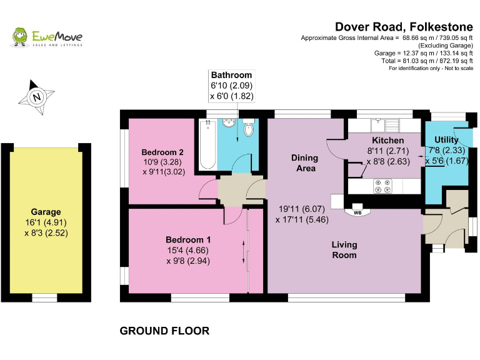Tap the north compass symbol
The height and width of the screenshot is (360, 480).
click(x=37, y=97)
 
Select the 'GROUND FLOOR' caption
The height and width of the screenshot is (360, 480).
click(x=164, y=331)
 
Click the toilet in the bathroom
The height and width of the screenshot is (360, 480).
click(x=249, y=129)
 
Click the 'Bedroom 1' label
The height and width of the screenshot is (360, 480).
click(x=188, y=239)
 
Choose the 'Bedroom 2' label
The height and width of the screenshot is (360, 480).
click(x=162, y=152)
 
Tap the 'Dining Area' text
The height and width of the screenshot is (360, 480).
click(x=304, y=162)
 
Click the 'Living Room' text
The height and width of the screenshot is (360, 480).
click(x=344, y=249)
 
